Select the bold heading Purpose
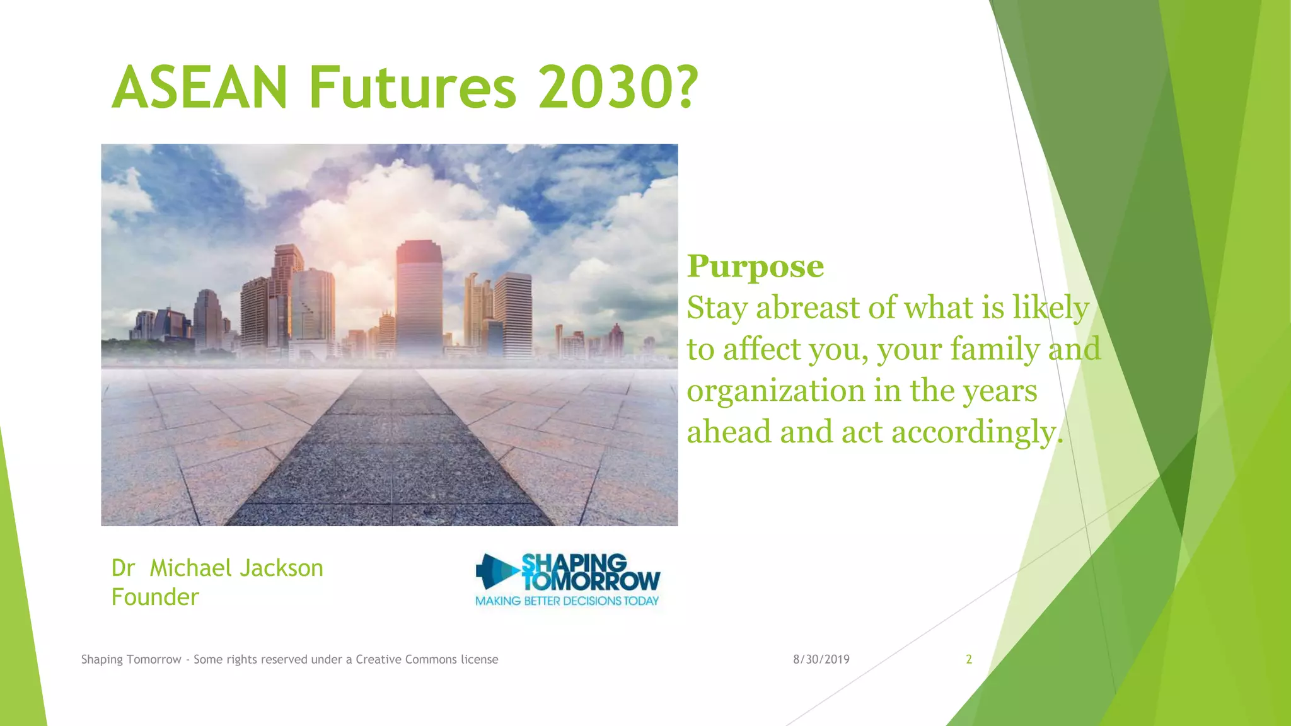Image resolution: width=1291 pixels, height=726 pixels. pyautogui.click(x=755, y=267)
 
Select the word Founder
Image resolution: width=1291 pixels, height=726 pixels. pyautogui.click(x=155, y=597)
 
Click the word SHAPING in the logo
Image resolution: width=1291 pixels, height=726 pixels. pyautogui.click(x=574, y=563)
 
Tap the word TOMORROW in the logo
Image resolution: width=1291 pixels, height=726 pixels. pyautogui.click(x=591, y=581)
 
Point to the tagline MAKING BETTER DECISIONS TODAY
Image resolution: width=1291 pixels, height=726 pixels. pyautogui.click(x=567, y=601)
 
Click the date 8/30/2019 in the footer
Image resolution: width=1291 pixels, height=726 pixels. pyautogui.click(x=821, y=660)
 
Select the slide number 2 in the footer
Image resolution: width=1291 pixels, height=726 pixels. pyautogui.click(x=969, y=660)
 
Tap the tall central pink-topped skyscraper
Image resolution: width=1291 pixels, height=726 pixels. pyautogui.click(x=419, y=296)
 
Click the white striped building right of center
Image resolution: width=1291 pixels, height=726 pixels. pyautogui.click(x=513, y=315)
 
